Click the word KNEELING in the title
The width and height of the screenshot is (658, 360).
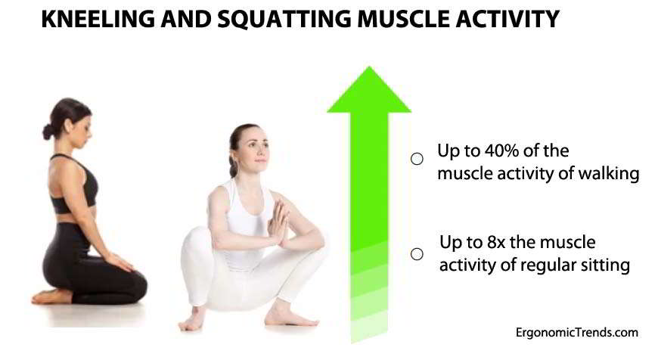[x=98, y=19]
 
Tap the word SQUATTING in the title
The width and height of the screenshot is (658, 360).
[x=284, y=20]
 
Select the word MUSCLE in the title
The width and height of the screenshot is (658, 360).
[x=403, y=19]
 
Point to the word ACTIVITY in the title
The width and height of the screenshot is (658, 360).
[x=507, y=19]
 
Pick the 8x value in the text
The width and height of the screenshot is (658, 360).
[x=497, y=243]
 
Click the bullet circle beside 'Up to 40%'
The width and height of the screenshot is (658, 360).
[x=417, y=159]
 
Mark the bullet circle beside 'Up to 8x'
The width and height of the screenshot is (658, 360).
[x=417, y=254]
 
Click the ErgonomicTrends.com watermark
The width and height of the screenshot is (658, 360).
[x=577, y=333]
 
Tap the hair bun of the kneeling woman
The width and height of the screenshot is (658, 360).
[x=48, y=132]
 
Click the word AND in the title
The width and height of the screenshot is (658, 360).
[x=186, y=19]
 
